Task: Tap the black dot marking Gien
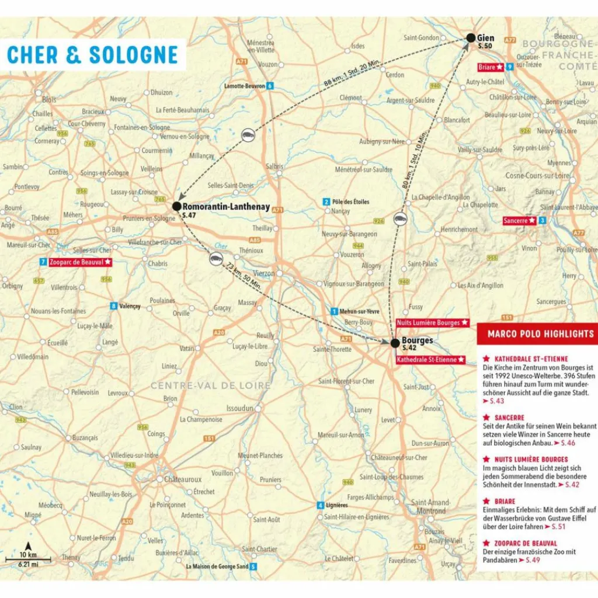(x=471, y=38)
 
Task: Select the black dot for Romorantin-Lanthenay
(x=176, y=206)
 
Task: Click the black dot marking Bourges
(x=395, y=343)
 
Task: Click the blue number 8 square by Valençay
(x=113, y=306)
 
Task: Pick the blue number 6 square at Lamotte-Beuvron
(x=270, y=86)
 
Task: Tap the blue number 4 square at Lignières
(x=320, y=505)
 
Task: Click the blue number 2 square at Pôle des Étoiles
(x=326, y=202)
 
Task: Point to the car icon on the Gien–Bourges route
(x=399, y=220)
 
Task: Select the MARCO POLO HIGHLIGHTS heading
(x=537, y=334)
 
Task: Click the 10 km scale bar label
(x=28, y=554)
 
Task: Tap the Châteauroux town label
(x=182, y=479)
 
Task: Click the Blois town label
(x=49, y=100)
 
